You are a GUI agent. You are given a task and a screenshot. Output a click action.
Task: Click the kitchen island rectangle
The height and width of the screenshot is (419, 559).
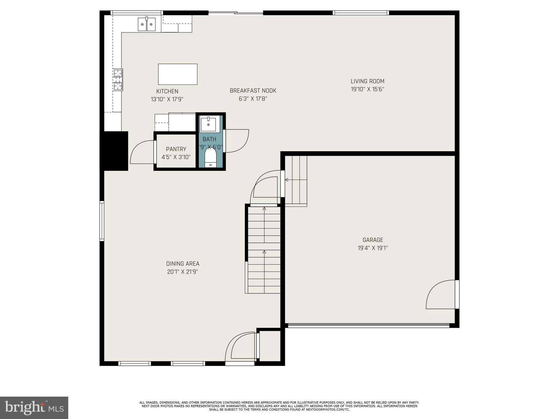tap(178, 74)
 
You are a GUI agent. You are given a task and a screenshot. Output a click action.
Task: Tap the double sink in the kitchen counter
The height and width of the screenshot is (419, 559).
tap(147, 25)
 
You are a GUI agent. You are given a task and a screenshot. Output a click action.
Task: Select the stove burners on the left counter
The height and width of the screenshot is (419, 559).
tap(118, 79)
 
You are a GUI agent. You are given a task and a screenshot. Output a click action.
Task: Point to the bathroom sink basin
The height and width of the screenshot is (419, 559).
tap(209, 125)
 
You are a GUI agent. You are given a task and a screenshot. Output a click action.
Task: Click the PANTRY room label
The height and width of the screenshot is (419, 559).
tap(176, 149)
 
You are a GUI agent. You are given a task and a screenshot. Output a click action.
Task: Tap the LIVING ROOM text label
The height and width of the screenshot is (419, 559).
tap(367, 81)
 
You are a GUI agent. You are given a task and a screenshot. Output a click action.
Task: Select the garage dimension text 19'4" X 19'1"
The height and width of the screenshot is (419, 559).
tap(373, 248)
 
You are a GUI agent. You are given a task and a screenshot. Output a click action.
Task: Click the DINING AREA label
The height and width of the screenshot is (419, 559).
tap(183, 264)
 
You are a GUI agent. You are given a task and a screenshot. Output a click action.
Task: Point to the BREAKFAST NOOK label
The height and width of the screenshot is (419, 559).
tap(253, 91)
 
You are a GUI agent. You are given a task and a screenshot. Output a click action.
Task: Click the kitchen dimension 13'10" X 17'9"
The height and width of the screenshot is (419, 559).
tap(167, 99)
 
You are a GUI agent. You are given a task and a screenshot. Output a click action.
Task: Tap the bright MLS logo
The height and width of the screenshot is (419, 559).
tap(34, 408)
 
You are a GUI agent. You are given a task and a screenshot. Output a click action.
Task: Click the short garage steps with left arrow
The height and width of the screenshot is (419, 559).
tap(296, 180)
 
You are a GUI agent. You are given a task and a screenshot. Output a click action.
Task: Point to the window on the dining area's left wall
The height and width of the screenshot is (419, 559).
tap(102, 221)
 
